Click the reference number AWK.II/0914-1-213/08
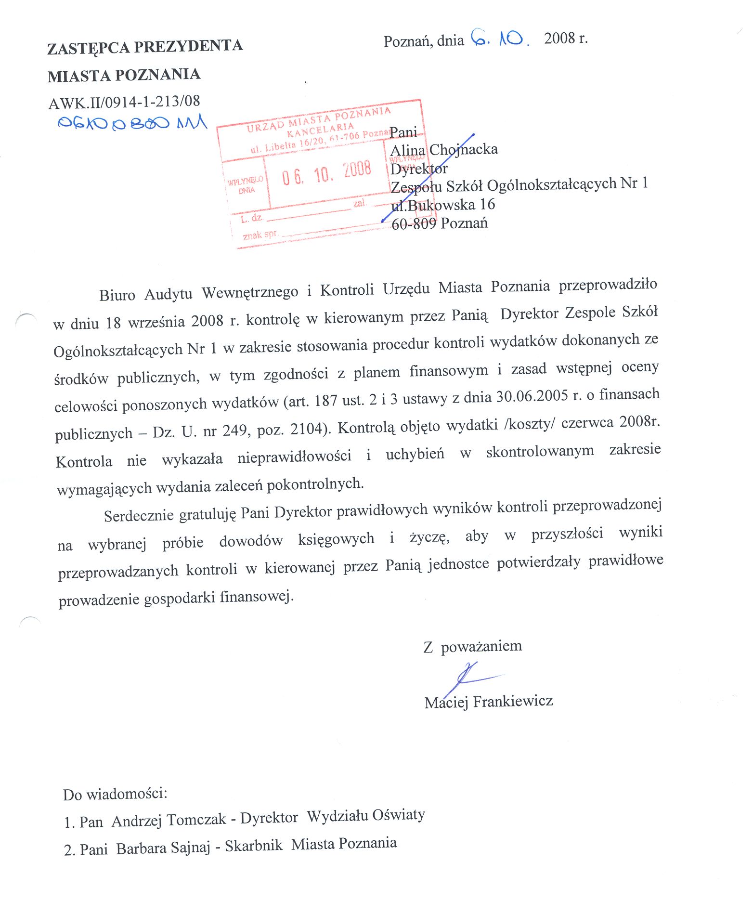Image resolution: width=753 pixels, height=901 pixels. pyautogui.click(x=124, y=102)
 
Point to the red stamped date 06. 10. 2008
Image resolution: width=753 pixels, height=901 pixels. pyautogui.click(x=326, y=172)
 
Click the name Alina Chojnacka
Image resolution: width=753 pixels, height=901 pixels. pyautogui.click(x=444, y=150)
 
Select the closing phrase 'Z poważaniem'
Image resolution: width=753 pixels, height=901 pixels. pyautogui.click(x=472, y=646)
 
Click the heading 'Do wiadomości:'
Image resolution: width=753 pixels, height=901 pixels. pyautogui.click(x=115, y=794)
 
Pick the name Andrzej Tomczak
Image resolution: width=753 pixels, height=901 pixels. pyautogui.click(x=169, y=820)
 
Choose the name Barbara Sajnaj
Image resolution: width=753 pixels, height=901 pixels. pyautogui.click(x=163, y=848)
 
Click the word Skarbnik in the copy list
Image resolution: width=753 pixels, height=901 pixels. pyautogui.click(x=254, y=846)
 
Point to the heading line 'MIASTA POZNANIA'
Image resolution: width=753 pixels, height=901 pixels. pyautogui.click(x=124, y=75)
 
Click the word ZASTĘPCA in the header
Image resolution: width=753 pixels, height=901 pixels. pyautogui.click(x=88, y=48)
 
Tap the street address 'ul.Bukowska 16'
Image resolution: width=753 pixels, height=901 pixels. pyautogui.click(x=443, y=205)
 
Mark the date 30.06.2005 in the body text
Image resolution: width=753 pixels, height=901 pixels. pyautogui.click(x=532, y=397)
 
